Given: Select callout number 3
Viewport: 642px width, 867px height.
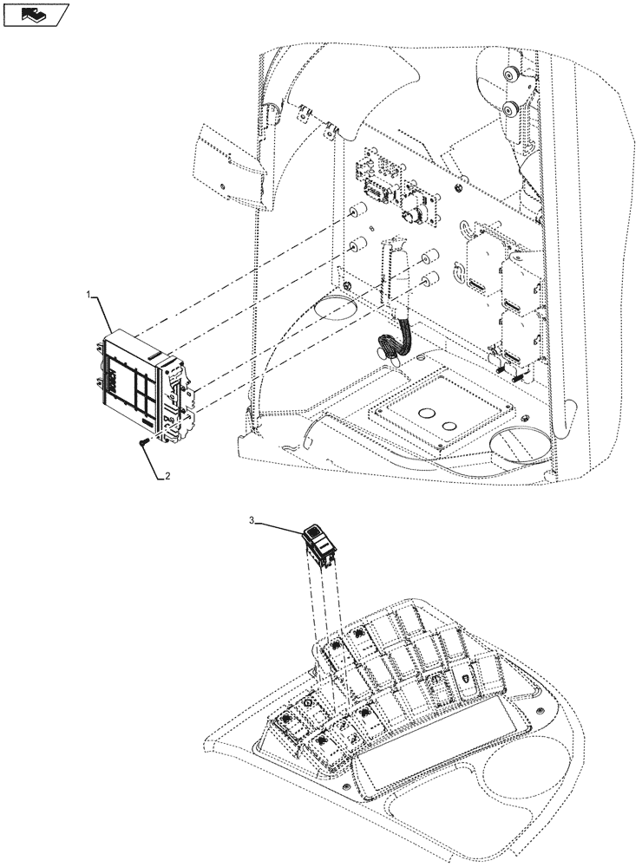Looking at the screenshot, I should (x=252, y=521).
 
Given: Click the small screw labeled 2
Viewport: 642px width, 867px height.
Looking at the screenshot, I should (x=143, y=443).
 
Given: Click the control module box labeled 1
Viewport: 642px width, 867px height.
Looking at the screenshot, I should (x=143, y=378).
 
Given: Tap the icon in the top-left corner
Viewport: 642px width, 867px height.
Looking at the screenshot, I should (x=35, y=14).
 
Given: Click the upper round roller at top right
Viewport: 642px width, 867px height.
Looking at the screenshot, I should (x=510, y=77).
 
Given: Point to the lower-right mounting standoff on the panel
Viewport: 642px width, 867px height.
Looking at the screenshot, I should (x=428, y=277).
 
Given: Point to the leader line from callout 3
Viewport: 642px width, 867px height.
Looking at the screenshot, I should (x=278, y=525).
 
